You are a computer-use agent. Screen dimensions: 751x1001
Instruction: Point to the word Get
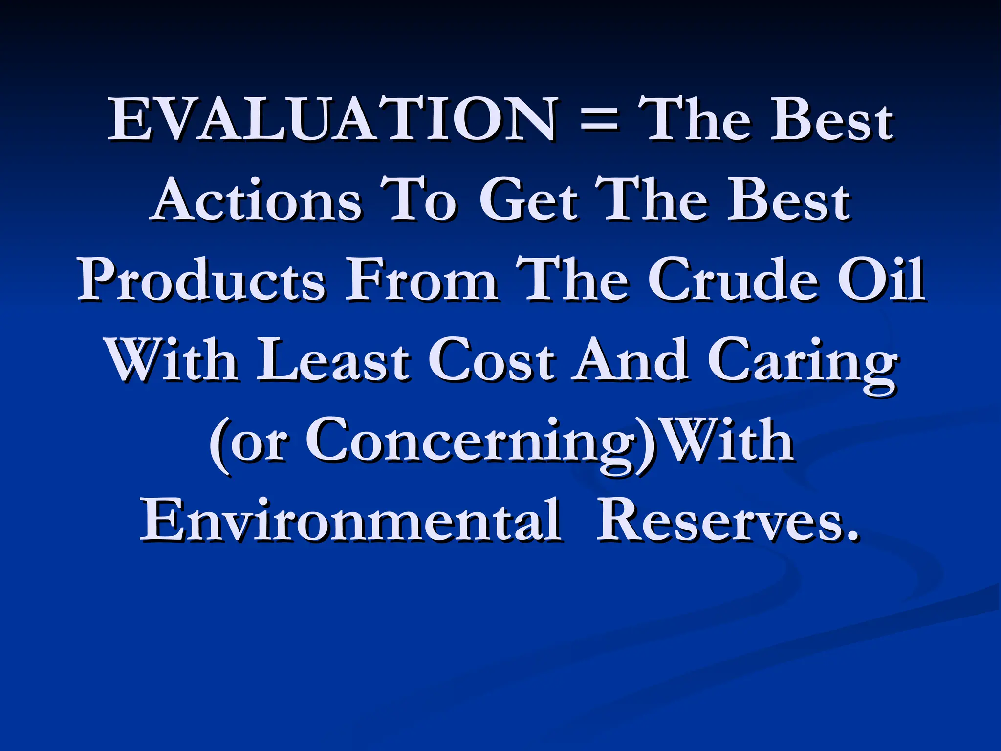coord(528,200)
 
